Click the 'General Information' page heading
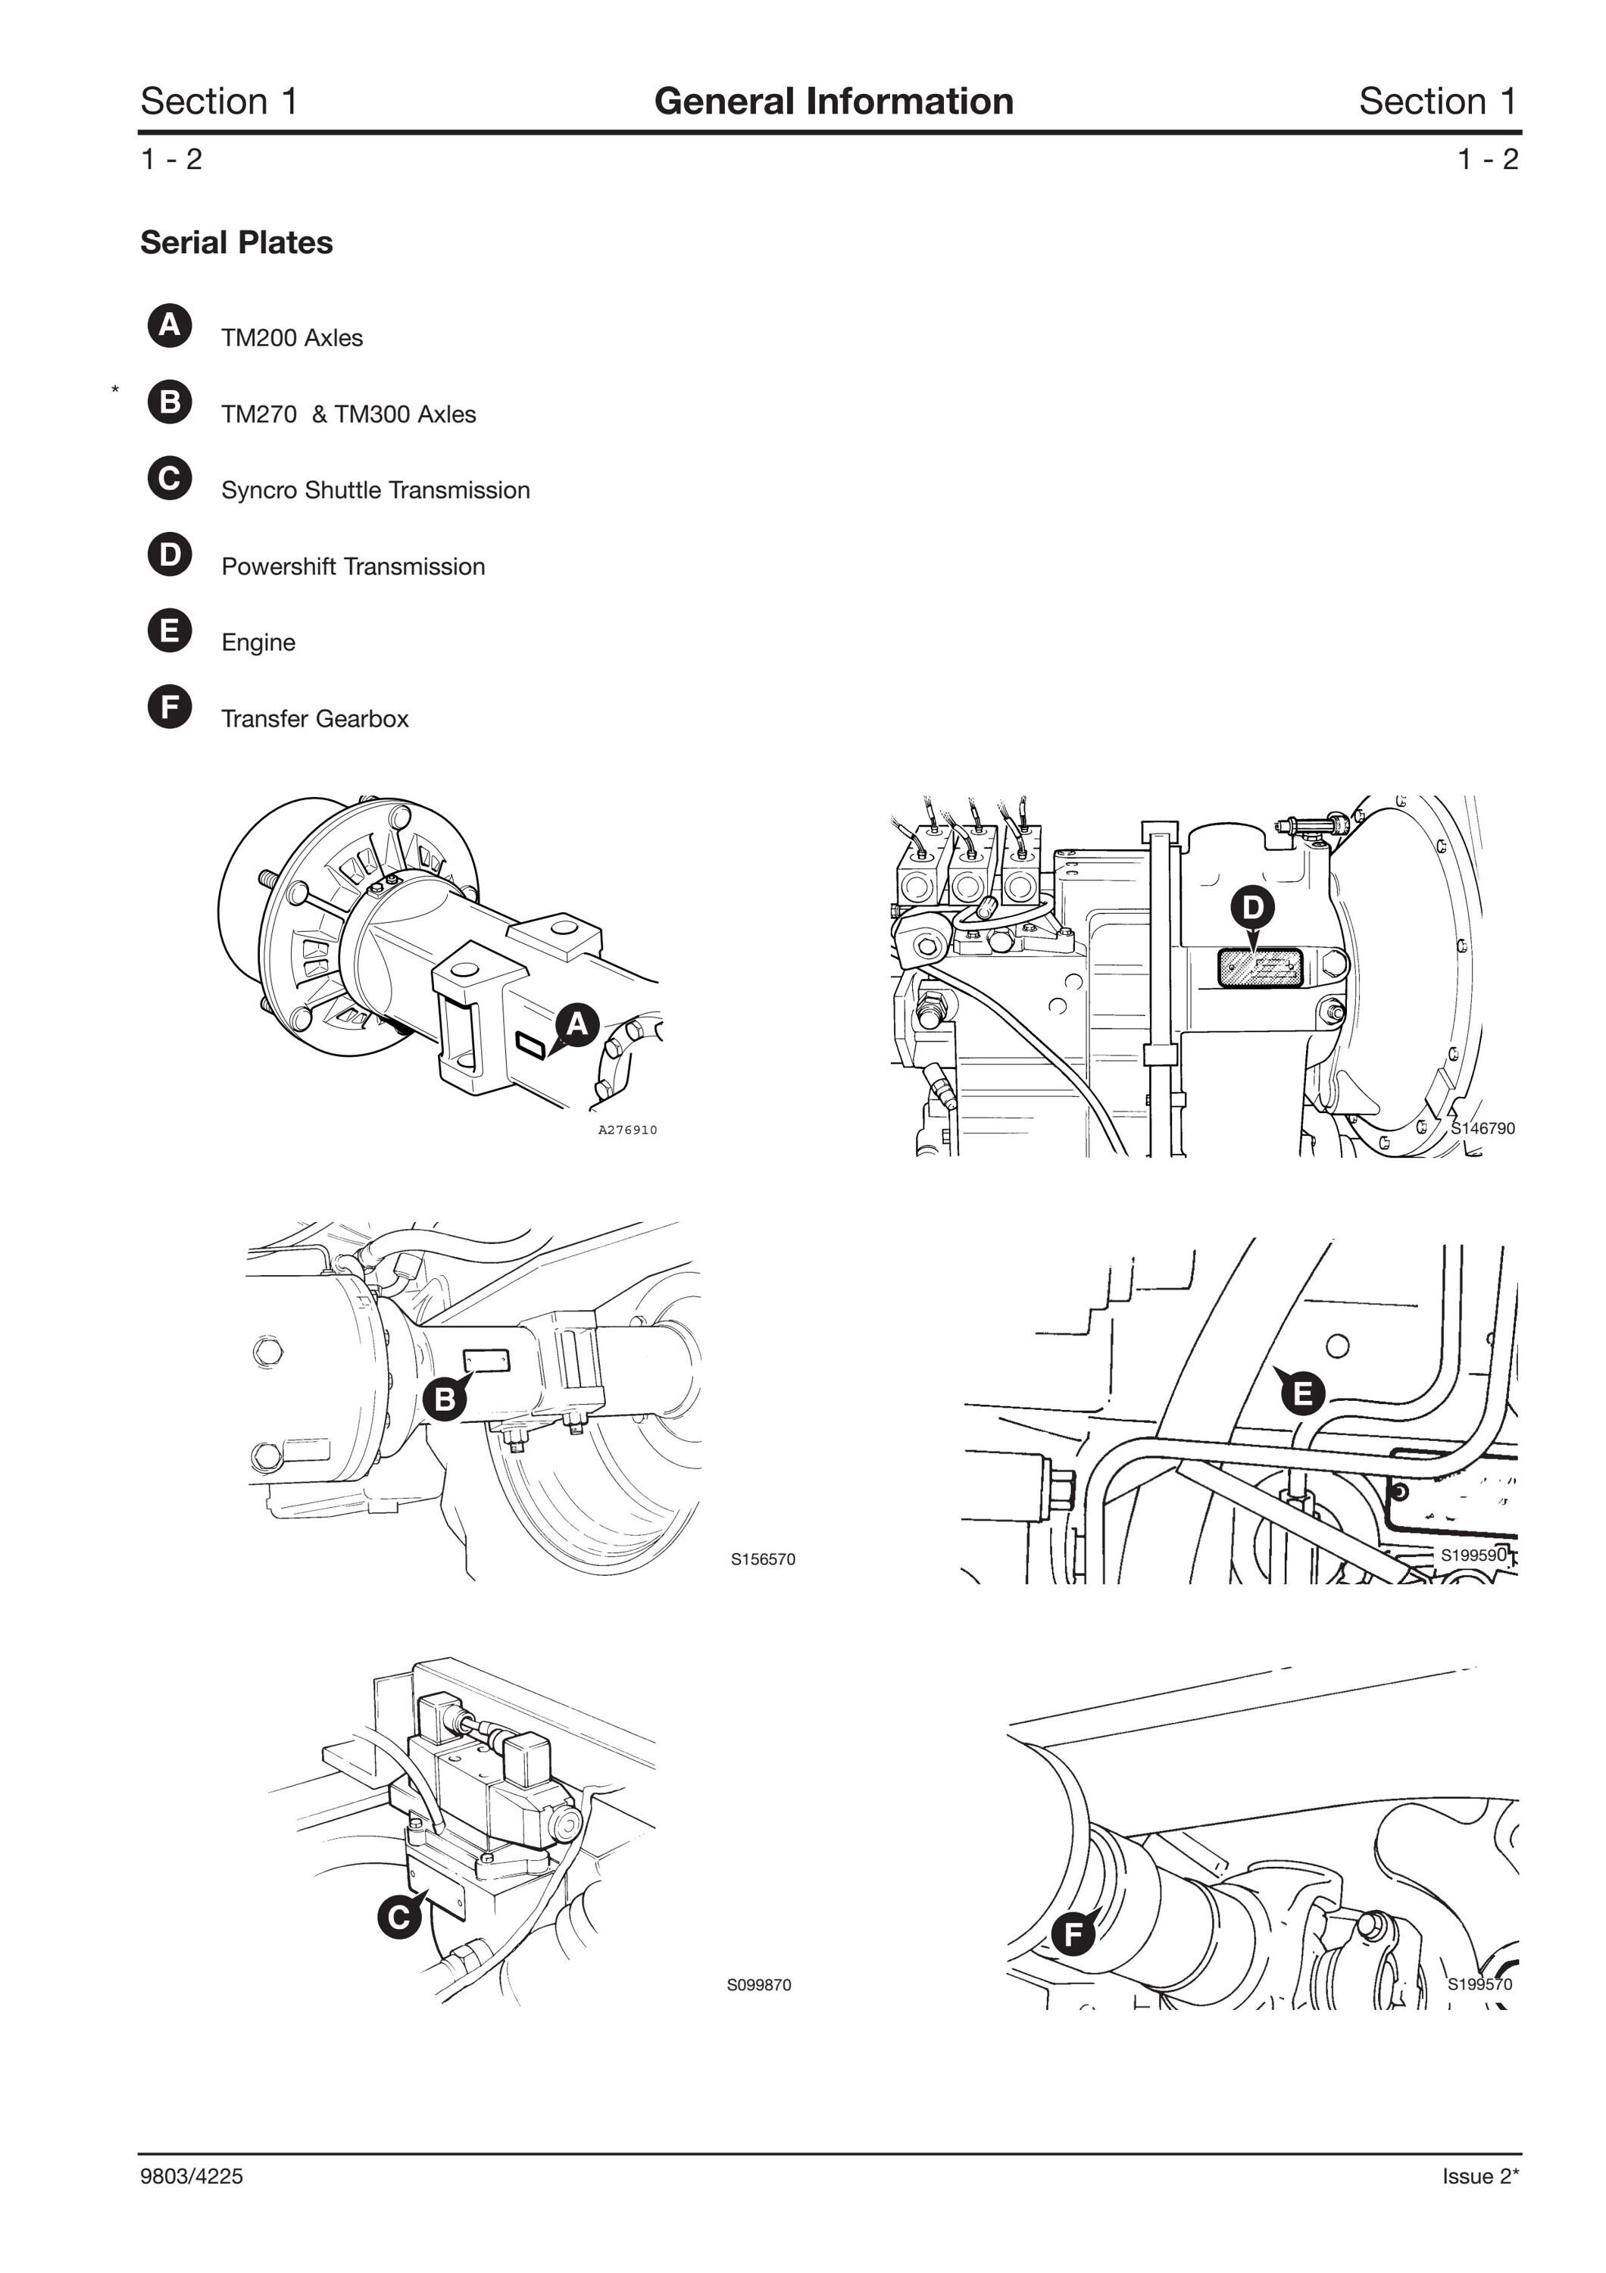833,101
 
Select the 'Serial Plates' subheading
236,242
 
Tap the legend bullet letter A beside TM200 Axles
170,326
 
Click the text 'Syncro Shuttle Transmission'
375,490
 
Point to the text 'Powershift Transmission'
353,566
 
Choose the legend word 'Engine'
258,643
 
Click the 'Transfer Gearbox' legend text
314,719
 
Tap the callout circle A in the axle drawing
578,1024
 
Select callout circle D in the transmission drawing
1253,907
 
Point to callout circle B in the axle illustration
445,1399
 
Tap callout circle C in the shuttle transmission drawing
398,1918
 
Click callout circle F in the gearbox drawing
1073,1934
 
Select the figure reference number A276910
627,1130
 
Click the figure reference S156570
763,1559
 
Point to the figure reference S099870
759,1985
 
